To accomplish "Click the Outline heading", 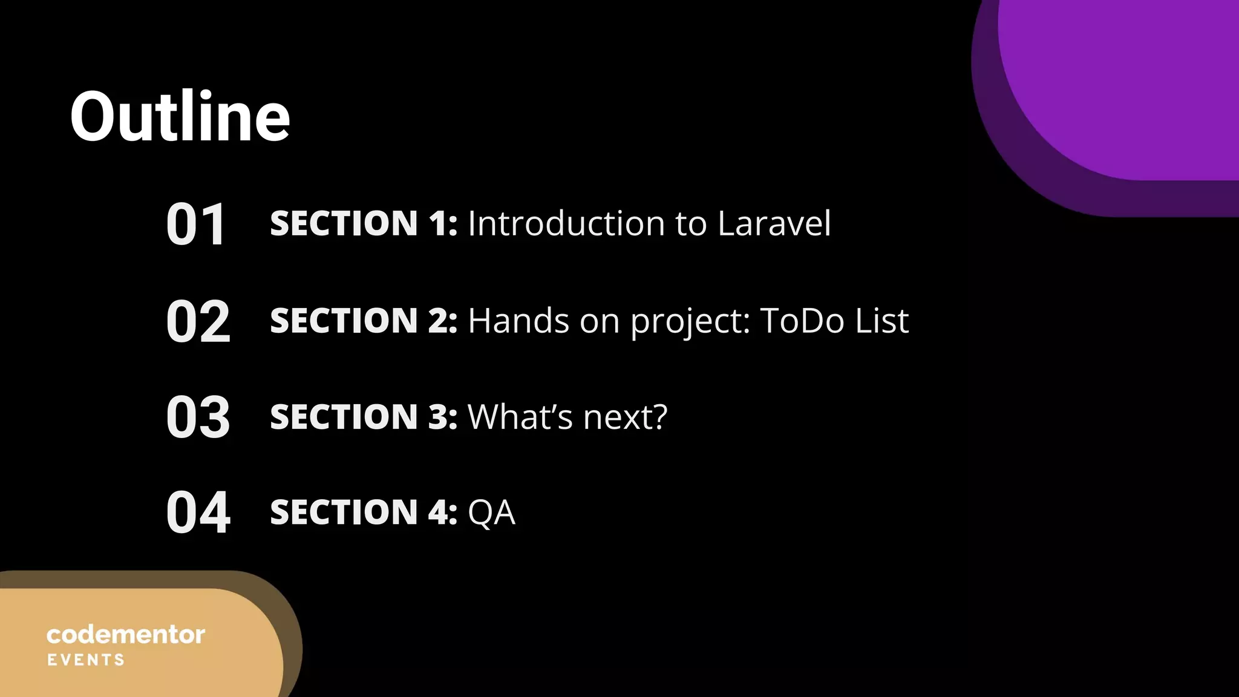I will [180, 116].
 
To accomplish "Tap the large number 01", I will [197, 224].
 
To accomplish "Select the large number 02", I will [198, 321].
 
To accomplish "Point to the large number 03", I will [198, 417].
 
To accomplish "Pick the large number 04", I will [198, 513].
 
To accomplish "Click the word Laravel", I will [774, 223].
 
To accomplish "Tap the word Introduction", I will [566, 223].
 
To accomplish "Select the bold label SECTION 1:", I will [364, 223].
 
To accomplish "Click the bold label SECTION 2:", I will [364, 320].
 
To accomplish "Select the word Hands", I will [518, 320].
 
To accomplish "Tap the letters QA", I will [491, 513].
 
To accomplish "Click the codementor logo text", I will [126, 635].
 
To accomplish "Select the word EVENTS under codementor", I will [86, 660].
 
